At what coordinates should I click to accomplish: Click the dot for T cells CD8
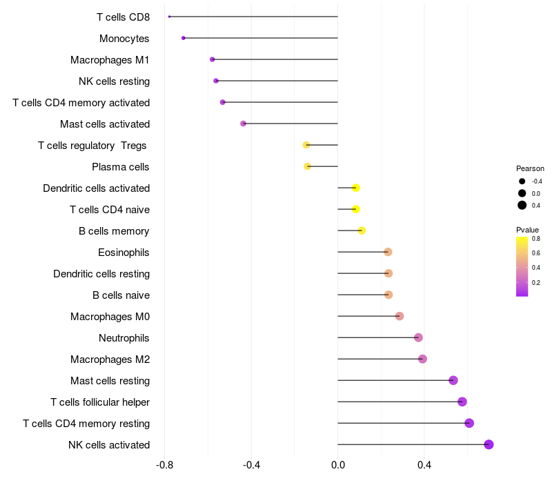click(169, 17)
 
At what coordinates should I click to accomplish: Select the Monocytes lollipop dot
click(184, 38)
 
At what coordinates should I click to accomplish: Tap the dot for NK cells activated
click(489, 444)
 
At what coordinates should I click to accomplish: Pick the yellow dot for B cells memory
click(362, 230)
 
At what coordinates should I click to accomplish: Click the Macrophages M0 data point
click(400, 316)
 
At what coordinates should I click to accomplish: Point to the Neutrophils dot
click(418, 337)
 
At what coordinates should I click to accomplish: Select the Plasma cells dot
click(307, 166)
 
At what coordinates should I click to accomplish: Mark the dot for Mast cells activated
click(244, 124)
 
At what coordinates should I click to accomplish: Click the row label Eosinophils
click(124, 253)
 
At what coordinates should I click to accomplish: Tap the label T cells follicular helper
click(100, 402)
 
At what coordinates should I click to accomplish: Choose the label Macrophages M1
click(110, 60)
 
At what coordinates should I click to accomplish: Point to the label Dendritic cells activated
click(97, 188)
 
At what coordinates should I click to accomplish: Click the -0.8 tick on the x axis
click(164, 465)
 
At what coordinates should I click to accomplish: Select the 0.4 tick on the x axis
click(424, 465)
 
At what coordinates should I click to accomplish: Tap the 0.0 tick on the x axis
click(338, 465)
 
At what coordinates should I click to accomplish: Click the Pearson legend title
click(530, 168)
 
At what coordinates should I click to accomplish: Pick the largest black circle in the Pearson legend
click(522, 205)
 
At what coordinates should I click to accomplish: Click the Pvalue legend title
click(527, 230)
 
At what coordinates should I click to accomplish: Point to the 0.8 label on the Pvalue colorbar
click(536, 239)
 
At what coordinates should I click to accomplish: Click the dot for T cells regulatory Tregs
click(306, 145)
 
